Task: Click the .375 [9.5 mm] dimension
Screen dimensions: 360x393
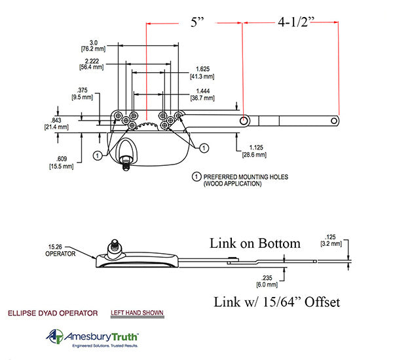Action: tap(81, 93)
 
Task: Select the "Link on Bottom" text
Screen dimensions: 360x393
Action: tap(255, 243)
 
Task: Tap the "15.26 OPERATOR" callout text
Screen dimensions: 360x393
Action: tap(60, 250)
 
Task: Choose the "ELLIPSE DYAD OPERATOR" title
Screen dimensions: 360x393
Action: tap(53, 313)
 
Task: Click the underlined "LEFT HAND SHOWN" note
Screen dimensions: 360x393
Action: tap(137, 313)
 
